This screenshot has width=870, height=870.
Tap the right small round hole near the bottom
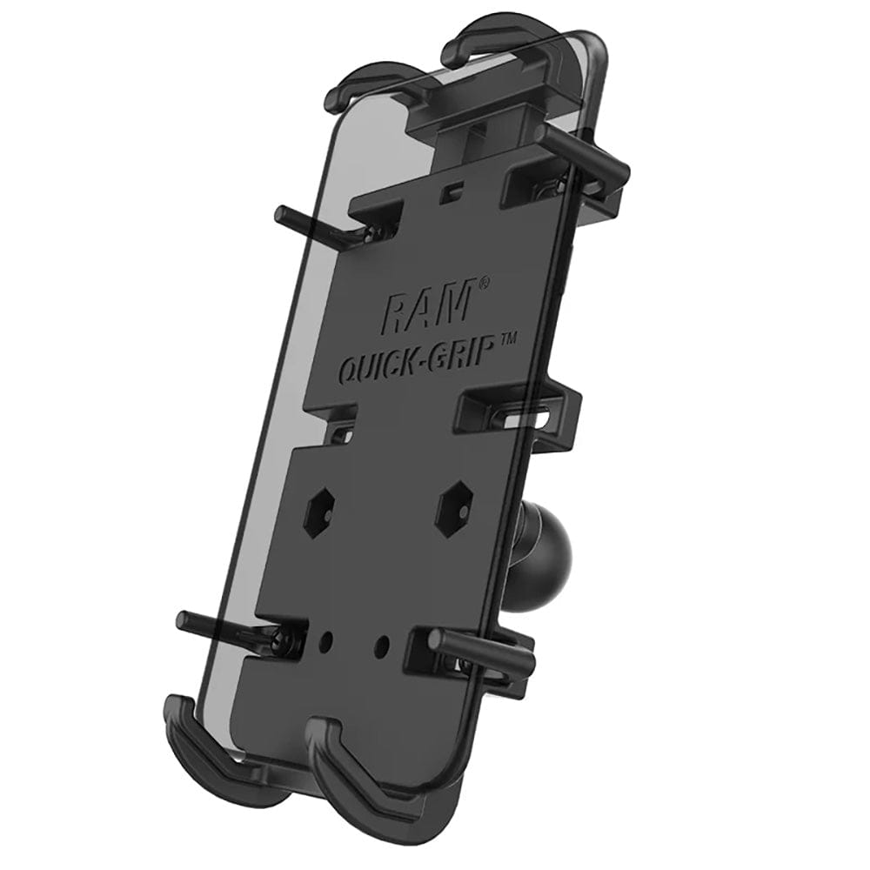380,647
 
